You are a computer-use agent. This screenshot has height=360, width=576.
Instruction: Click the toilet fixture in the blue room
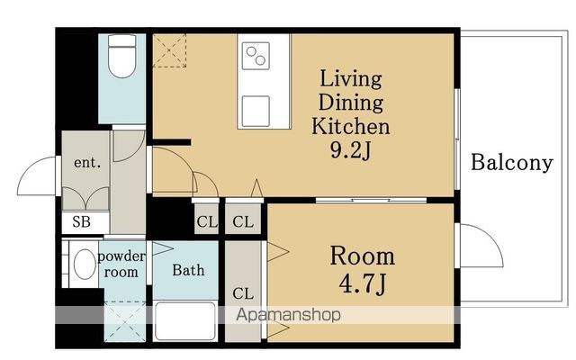(x=122, y=56)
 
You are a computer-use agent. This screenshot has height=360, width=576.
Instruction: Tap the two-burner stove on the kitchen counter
(x=256, y=56)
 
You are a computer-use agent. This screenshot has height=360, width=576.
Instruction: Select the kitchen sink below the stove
(x=256, y=112)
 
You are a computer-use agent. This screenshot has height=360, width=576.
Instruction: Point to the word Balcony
(x=512, y=162)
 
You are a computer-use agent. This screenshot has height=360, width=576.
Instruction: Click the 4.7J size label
(x=363, y=284)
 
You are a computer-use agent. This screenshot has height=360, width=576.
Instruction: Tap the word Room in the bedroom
(x=363, y=256)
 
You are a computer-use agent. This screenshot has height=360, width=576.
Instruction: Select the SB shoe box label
(x=81, y=222)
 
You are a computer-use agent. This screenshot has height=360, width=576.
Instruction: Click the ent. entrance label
(x=87, y=162)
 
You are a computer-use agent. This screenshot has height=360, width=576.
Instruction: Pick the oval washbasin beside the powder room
(x=85, y=264)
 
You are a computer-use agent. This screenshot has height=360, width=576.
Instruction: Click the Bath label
(x=188, y=270)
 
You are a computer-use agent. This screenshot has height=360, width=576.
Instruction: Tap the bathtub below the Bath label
(x=185, y=321)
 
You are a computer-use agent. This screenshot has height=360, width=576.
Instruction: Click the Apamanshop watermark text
(x=288, y=315)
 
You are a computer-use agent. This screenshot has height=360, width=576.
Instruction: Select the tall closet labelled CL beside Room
(x=243, y=292)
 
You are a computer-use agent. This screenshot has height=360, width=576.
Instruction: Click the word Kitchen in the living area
(x=351, y=126)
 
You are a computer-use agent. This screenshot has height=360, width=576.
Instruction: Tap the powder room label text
(x=121, y=264)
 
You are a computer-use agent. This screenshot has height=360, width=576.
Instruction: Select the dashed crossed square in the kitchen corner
(x=169, y=50)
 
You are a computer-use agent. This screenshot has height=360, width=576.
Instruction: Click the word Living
(x=351, y=79)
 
